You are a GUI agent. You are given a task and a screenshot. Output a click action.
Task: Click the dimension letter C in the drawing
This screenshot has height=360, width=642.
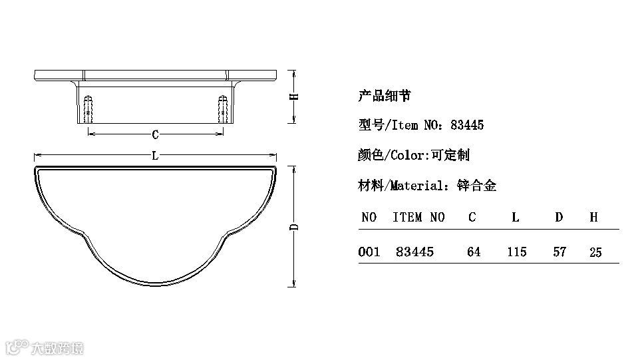(x=155, y=134)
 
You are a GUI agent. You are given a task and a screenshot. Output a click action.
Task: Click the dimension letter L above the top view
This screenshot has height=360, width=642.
(x=155, y=157)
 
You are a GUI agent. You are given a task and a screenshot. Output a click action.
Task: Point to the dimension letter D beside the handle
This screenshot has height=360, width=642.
(x=293, y=227)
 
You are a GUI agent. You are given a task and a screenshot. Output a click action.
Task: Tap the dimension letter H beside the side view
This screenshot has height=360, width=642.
(x=293, y=96)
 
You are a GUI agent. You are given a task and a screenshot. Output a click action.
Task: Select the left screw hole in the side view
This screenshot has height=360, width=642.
(x=88, y=108)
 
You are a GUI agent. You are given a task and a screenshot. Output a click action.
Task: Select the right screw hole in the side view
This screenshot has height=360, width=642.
(x=223, y=108)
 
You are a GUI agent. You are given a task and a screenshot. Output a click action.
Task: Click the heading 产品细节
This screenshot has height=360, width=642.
(x=385, y=96)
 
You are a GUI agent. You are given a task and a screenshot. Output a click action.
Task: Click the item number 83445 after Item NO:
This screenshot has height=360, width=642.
(x=467, y=125)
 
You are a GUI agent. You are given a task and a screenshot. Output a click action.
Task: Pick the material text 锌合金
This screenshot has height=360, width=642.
(x=477, y=186)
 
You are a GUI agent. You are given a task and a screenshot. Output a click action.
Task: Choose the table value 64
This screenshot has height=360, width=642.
(x=473, y=252)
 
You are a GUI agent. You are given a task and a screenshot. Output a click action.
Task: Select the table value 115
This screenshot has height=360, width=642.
(x=516, y=252)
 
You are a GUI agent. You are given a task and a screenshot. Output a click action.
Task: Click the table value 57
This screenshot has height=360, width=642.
(x=560, y=252)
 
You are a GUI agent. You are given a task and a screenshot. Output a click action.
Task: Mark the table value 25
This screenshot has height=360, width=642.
(x=595, y=252)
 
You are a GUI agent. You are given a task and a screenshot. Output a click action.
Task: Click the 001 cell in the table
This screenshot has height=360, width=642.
(x=369, y=252)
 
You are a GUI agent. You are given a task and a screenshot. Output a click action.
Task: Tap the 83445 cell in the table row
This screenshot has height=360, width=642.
(x=414, y=252)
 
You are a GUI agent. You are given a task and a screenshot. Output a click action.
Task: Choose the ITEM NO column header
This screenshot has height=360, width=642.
(x=418, y=217)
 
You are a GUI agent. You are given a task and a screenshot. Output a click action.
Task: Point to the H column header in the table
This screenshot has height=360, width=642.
(x=593, y=217)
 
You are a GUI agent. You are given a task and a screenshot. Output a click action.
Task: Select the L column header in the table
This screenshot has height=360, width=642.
(x=516, y=217)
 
